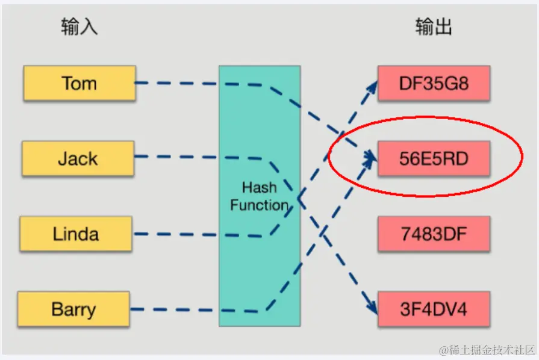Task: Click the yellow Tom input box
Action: point(79,83)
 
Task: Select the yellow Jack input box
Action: point(78,158)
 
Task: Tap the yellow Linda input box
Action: point(76,234)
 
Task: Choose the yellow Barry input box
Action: point(73,309)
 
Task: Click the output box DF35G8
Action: point(434,82)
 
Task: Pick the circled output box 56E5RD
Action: point(434,158)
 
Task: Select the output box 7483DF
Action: point(434,234)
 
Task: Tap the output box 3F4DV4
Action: point(434,309)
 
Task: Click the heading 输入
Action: point(79,27)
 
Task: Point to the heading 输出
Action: point(434,27)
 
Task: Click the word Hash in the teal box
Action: point(259,187)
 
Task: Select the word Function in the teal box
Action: point(259,205)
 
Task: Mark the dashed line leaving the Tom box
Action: point(175,83)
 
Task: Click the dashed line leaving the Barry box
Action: point(175,309)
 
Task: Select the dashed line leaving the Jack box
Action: point(175,158)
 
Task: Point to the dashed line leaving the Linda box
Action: point(175,234)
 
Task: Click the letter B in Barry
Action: point(57,309)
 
